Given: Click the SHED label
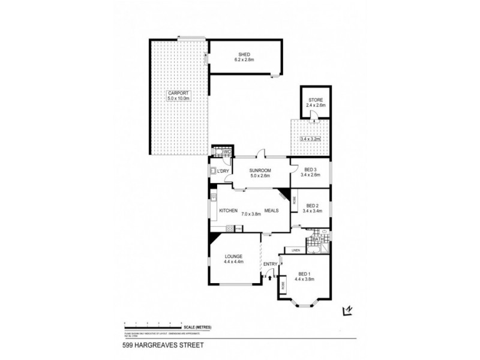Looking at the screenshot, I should [x=244, y=55].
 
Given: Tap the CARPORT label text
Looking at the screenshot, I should [x=178, y=94].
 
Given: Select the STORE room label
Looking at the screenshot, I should [x=316, y=100].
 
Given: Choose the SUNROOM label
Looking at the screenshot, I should [x=260, y=170].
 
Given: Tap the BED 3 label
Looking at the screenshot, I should [x=310, y=170].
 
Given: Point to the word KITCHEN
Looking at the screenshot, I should [x=229, y=211].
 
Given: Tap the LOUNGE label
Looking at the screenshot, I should [x=233, y=256].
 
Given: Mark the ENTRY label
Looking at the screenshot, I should [x=269, y=264].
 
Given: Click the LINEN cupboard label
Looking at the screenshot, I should [x=295, y=250].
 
